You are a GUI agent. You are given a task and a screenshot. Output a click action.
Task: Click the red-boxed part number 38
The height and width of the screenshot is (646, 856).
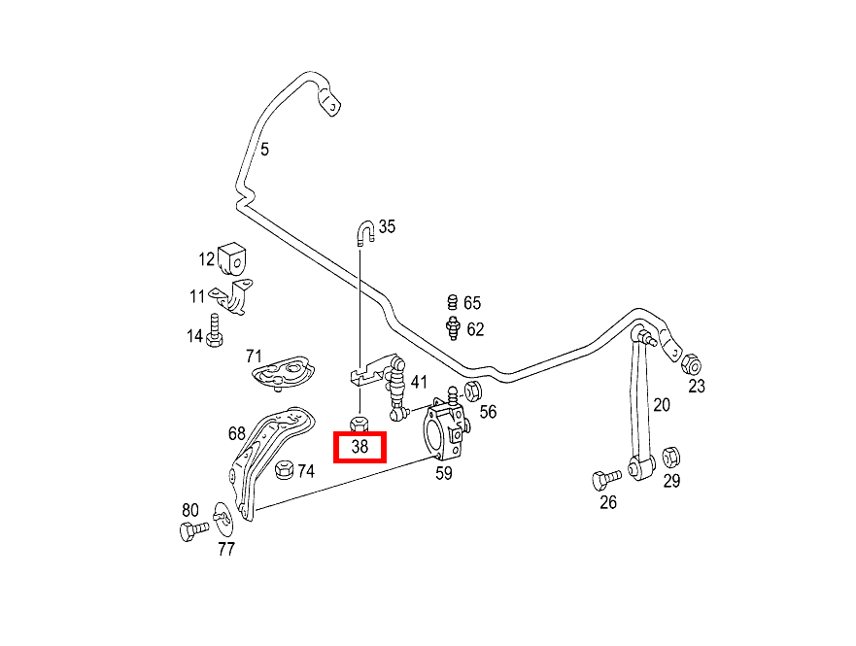coord(360,447)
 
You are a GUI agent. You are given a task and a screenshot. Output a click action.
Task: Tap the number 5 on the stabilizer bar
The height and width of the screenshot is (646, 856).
coord(264,150)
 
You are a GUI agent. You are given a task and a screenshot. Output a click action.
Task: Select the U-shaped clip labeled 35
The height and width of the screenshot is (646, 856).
coord(365,232)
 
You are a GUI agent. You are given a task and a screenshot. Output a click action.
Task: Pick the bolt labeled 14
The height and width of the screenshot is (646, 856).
coord(216,331)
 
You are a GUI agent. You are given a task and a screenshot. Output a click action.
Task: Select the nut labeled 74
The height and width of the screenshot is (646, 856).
coord(285,470)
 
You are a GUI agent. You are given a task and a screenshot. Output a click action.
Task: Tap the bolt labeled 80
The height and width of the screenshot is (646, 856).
coord(191,530)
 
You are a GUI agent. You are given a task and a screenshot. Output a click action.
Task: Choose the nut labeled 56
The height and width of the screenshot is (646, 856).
coord(473,391)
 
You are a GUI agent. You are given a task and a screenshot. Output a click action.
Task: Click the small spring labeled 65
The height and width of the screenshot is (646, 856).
coord(451,302)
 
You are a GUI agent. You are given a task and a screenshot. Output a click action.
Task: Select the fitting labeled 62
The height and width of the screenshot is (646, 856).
coord(451,328)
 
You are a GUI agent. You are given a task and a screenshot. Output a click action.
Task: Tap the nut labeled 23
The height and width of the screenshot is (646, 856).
coord(692,365)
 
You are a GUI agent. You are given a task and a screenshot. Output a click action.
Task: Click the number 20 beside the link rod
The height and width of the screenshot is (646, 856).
coord(661,404)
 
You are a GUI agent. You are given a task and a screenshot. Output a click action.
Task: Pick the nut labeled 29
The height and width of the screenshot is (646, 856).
coord(670,457)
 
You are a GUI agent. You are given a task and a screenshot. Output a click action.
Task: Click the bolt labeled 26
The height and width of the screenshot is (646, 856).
coord(603,479)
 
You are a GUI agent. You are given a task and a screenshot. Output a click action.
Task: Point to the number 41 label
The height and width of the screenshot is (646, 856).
coord(419,382)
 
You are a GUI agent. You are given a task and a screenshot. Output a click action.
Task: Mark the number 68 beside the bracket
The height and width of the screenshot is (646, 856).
coord(237,434)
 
